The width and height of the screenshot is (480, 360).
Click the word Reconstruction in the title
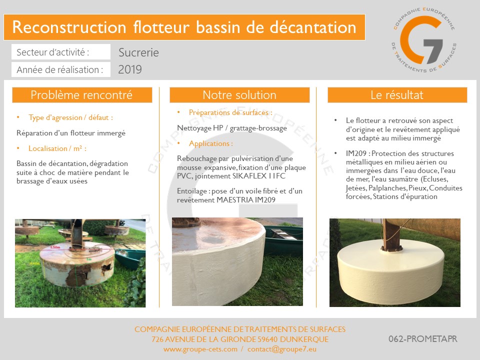(69, 27)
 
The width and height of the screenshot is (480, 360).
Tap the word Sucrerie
(138, 52)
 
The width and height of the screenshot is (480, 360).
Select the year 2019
(130, 69)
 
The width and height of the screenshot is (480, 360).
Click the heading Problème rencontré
(81, 95)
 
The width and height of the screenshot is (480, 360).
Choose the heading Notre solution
(239, 95)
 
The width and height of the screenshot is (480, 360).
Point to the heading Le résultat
(397, 95)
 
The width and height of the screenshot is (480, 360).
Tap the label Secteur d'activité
(52, 52)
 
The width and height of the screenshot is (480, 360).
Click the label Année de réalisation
(59, 70)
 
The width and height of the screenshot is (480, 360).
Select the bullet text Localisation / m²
(57, 148)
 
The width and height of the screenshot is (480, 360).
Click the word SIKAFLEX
(249, 176)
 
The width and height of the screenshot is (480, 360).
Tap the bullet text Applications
(211, 143)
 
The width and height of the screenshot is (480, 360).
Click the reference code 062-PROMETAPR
(423, 339)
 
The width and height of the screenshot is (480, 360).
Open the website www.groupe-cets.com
(200, 349)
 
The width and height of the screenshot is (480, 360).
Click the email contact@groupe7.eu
(282, 349)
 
